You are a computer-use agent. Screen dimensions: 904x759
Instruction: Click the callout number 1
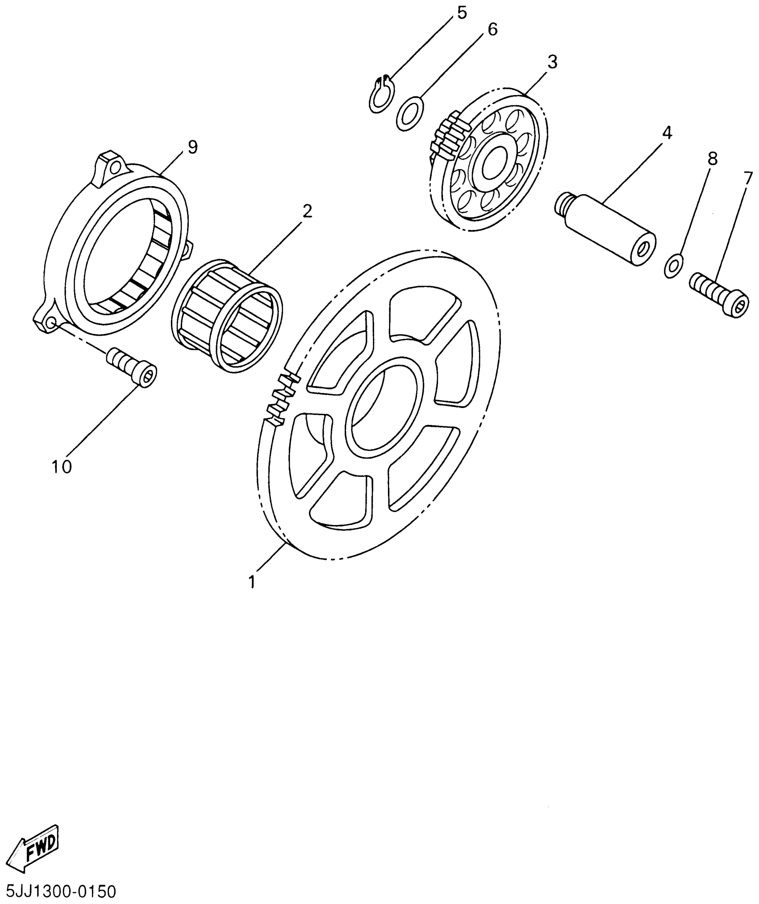(x=252, y=582)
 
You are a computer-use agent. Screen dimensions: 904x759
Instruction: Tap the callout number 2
(x=307, y=211)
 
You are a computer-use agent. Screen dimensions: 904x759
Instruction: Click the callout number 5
(x=461, y=13)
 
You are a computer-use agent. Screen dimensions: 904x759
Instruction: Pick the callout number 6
(x=492, y=29)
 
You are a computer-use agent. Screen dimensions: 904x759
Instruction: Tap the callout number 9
(x=192, y=147)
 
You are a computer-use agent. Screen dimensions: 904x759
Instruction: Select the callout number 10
(x=62, y=467)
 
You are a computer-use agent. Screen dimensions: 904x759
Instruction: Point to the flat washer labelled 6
(x=410, y=114)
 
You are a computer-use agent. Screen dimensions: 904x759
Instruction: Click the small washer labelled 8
(x=673, y=266)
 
